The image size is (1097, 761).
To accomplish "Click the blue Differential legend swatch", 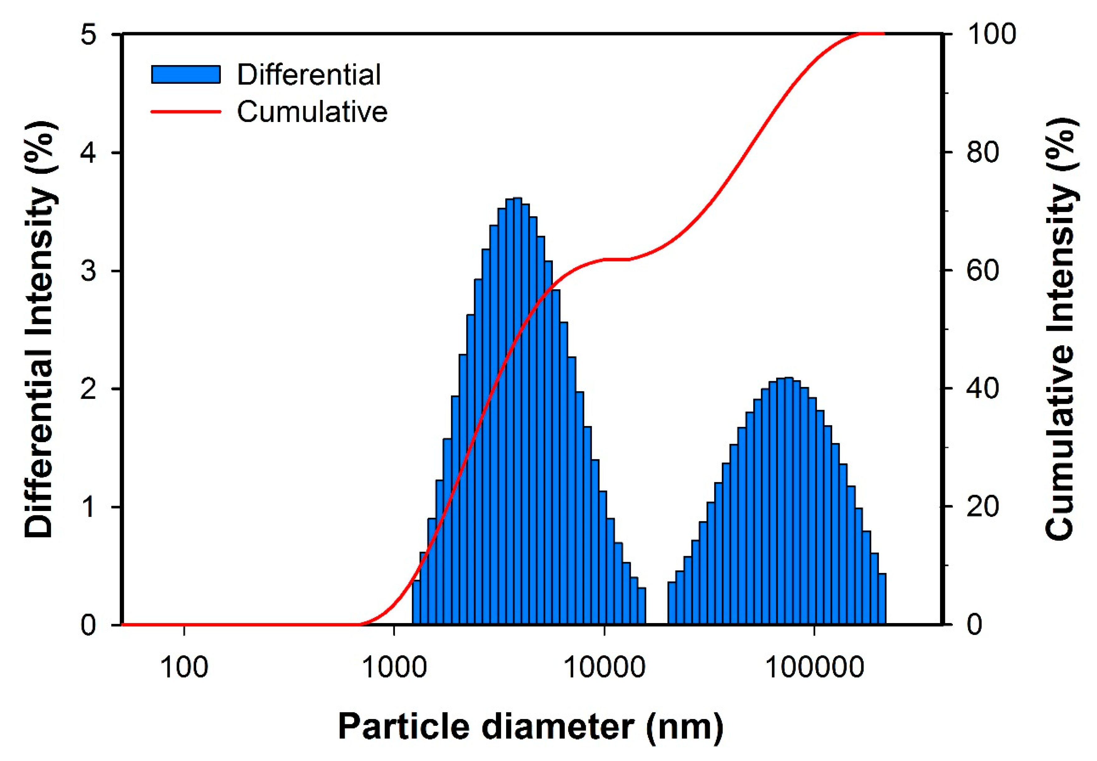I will (x=186, y=74).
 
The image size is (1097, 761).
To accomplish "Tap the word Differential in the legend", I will (x=309, y=74).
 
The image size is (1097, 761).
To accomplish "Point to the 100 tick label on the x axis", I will (x=184, y=668).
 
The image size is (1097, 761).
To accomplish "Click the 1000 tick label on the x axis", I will (x=394, y=668).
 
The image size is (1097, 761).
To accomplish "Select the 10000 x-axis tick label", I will (x=604, y=668).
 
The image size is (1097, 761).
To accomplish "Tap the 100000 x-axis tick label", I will (x=814, y=668).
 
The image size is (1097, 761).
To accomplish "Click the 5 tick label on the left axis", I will (x=89, y=35).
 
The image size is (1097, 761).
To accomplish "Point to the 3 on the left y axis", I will (x=89, y=271).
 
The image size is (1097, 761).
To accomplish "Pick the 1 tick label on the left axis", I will (x=89, y=507).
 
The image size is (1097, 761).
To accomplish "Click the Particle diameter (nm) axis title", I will (x=531, y=727).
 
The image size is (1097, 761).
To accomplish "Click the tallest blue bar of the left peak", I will (x=517, y=410).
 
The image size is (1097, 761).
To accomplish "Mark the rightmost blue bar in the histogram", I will (x=882, y=599).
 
